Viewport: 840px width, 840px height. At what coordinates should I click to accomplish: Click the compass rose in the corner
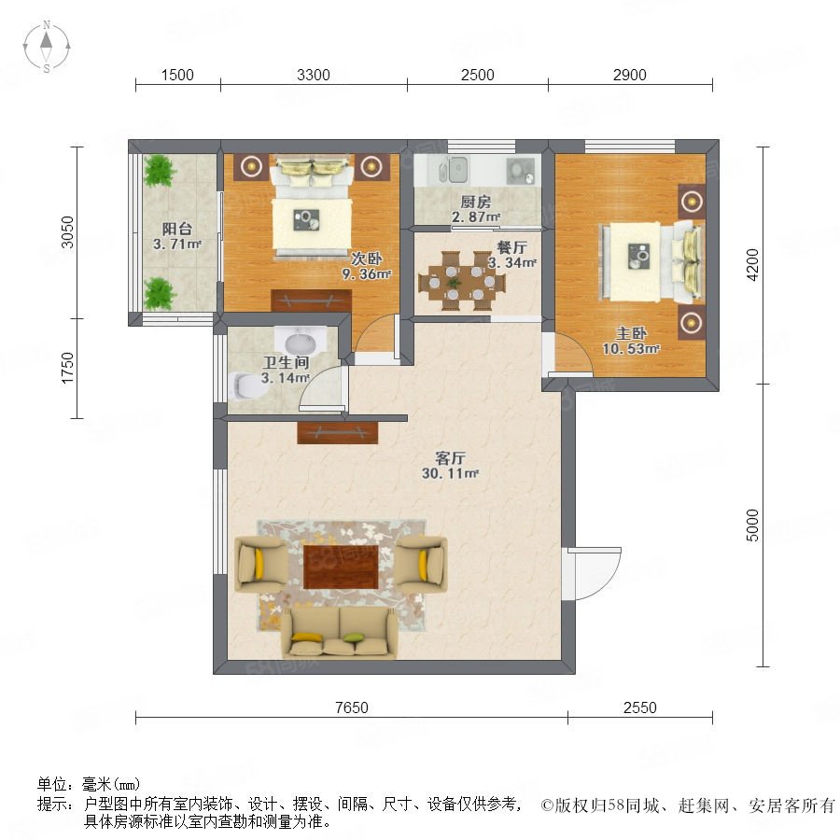click(47, 47)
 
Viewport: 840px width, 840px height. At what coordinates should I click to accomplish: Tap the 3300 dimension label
click(314, 75)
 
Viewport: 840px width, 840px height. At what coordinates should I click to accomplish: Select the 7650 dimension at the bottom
click(352, 707)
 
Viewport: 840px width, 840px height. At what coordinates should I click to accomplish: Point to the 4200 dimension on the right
click(752, 265)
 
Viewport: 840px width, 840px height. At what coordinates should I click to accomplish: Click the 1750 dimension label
click(67, 368)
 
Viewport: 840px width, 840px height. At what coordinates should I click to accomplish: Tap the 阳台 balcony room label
click(176, 230)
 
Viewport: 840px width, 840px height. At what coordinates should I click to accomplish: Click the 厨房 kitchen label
click(475, 202)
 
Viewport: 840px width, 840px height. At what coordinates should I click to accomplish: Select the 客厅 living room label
click(450, 458)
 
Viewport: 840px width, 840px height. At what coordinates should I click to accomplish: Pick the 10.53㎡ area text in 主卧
click(631, 349)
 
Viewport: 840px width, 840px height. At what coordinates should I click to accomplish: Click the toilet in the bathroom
click(246, 385)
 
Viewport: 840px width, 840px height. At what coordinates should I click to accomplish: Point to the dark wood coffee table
click(342, 567)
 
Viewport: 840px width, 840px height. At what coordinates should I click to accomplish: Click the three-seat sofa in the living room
click(340, 632)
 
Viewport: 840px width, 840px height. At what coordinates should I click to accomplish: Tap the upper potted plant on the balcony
click(159, 171)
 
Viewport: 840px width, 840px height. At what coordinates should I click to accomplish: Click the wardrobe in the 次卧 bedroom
click(311, 301)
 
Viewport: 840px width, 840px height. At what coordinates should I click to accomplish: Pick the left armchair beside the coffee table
click(261, 565)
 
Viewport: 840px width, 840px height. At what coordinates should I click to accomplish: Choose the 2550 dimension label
click(639, 707)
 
